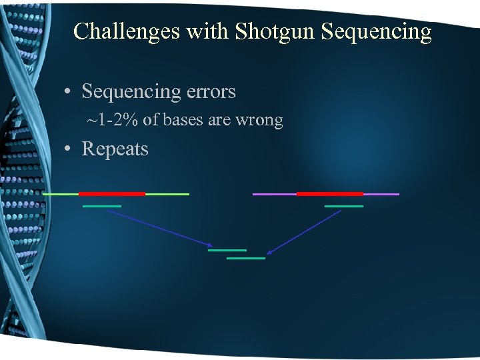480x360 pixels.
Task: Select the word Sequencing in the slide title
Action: [376, 31]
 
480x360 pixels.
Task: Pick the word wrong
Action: [259, 121]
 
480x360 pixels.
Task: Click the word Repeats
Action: [115, 149]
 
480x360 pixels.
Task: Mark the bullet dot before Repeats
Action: [69, 149]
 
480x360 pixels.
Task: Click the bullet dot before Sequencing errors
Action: [69, 91]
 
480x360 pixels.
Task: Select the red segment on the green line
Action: [111, 194]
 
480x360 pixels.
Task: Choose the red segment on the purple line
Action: [329, 194]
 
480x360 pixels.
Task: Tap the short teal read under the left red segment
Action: [102, 207]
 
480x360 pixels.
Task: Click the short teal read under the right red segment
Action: [344, 207]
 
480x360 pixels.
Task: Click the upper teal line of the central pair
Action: [227, 250]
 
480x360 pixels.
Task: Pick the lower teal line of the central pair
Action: [246, 258]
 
